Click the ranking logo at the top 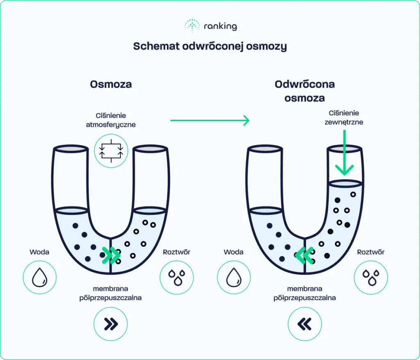[x=210, y=26]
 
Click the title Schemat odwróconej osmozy [x=210, y=46]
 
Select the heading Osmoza [x=111, y=84]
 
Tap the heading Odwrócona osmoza [x=305, y=91]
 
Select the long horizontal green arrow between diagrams [x=210, y=121]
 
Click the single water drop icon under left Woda [x=39, y=277]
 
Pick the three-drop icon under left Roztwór [x=177, y=277]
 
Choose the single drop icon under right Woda [x=234, y=277]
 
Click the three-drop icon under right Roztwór [x=371, y=277]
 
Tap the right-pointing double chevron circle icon [x=111, y=324]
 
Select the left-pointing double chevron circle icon [x=305, y=324]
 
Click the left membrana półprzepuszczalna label [x=111, y=293]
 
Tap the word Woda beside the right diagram [x=234, y=252]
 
